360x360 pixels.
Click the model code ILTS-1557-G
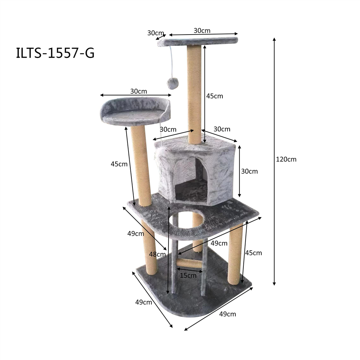(x=55, y=53)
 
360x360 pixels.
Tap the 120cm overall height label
(x=286, y=159)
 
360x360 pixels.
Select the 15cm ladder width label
(x=188, y=276)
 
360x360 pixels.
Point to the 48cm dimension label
(x=157, y=254)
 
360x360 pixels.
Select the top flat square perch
(x=198, y=41)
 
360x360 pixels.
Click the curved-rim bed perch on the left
(x=135, y=111)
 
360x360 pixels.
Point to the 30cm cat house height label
(x=249, y=171)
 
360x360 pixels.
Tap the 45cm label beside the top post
(x=215, y=96)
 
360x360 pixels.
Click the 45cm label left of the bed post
(x=119, y=164)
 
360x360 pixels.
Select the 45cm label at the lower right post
(x=253, y=253)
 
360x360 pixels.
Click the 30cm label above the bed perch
(x=139, y=91)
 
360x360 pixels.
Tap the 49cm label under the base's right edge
(x=228, y=314)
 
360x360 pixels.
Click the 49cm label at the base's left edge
(x=144, y=302)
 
